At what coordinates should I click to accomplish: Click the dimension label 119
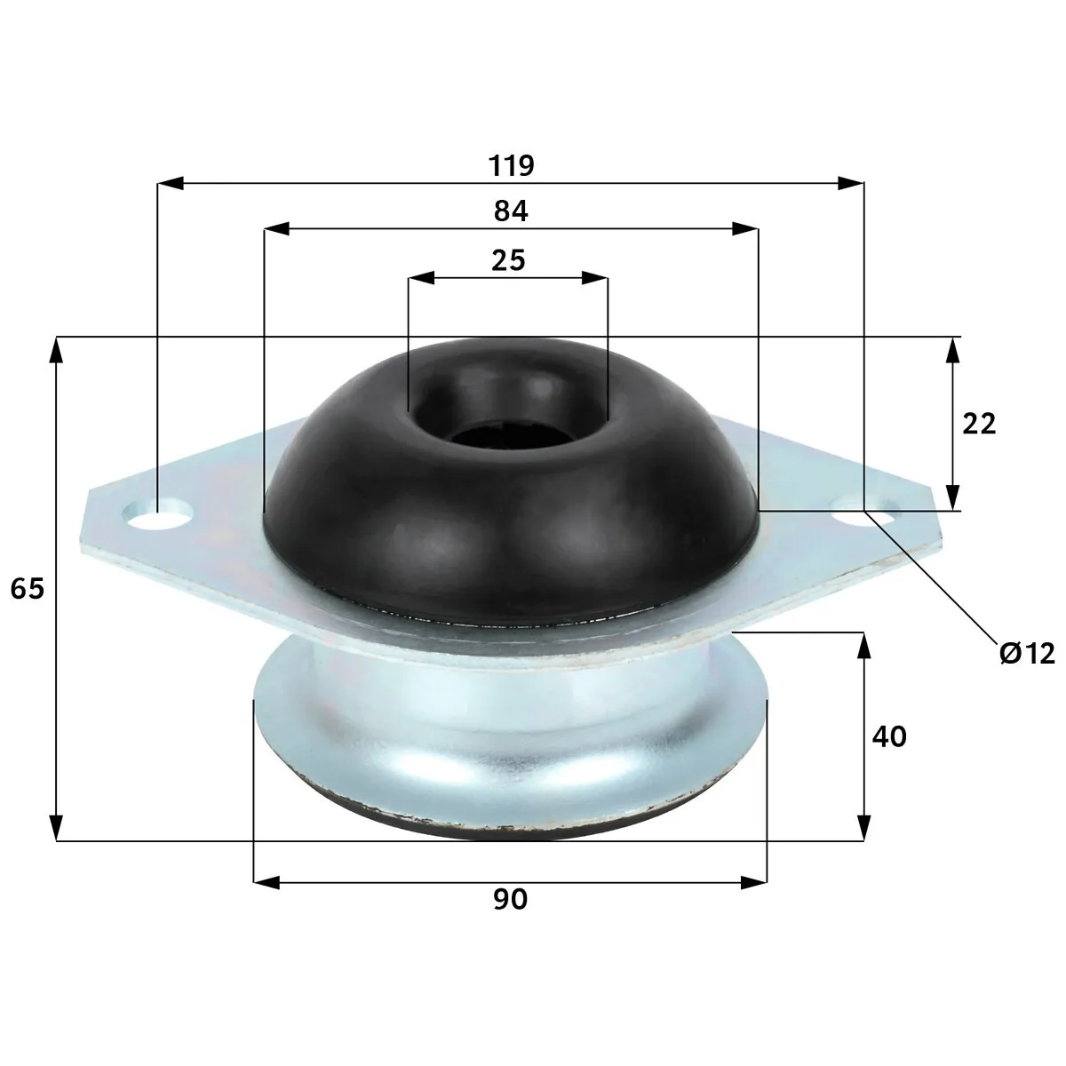coord(511,165)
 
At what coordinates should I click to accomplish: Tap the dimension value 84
coord(511,211)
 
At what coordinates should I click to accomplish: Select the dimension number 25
coord(508,260)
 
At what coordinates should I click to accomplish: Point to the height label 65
coord(28,588)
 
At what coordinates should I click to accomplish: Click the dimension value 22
coord(979,425)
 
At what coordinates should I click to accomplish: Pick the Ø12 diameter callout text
coord(1027,654)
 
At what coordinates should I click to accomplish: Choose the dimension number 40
coord(889,736)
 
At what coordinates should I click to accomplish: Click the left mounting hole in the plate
coord(157,515)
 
